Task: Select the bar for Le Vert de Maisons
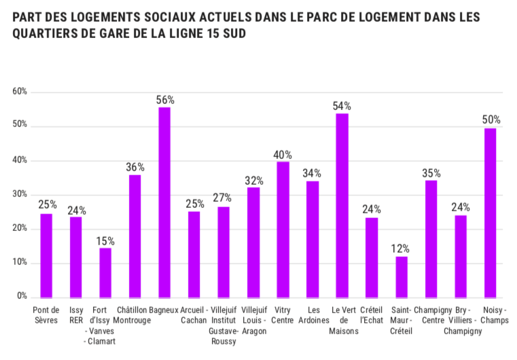coord(342,204)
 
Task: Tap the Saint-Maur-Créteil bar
coord(402,276)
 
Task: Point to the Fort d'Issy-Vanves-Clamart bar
coord(105,272)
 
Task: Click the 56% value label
coord(164,99)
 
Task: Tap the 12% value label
coord(402,248)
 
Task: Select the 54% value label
coord(342,105)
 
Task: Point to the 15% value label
coord(105,240)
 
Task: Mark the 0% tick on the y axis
coord(22,297)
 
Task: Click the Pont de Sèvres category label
coord(46,314)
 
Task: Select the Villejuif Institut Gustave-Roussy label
coord(224,325)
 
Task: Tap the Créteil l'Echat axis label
coord(372,314)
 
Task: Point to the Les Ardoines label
coord(313,314)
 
